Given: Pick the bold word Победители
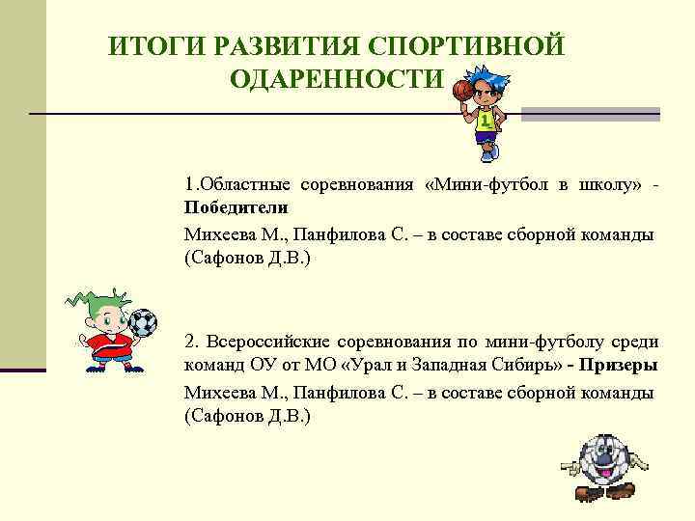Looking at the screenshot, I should click(236, 207).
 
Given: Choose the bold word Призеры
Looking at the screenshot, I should click(621, 366).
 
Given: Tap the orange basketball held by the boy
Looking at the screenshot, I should click(462, 91).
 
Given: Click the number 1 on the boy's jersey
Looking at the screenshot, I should click(485, 123).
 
